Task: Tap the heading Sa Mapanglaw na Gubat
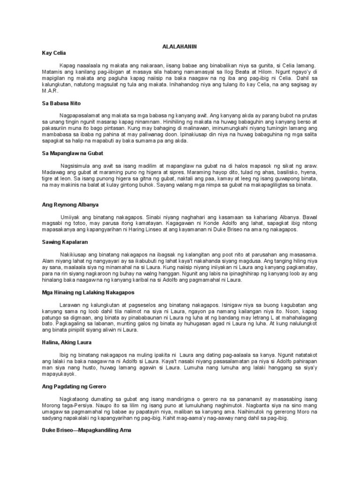[72, 153]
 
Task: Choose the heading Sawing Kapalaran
[65, 242]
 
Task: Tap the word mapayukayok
[58, 375]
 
